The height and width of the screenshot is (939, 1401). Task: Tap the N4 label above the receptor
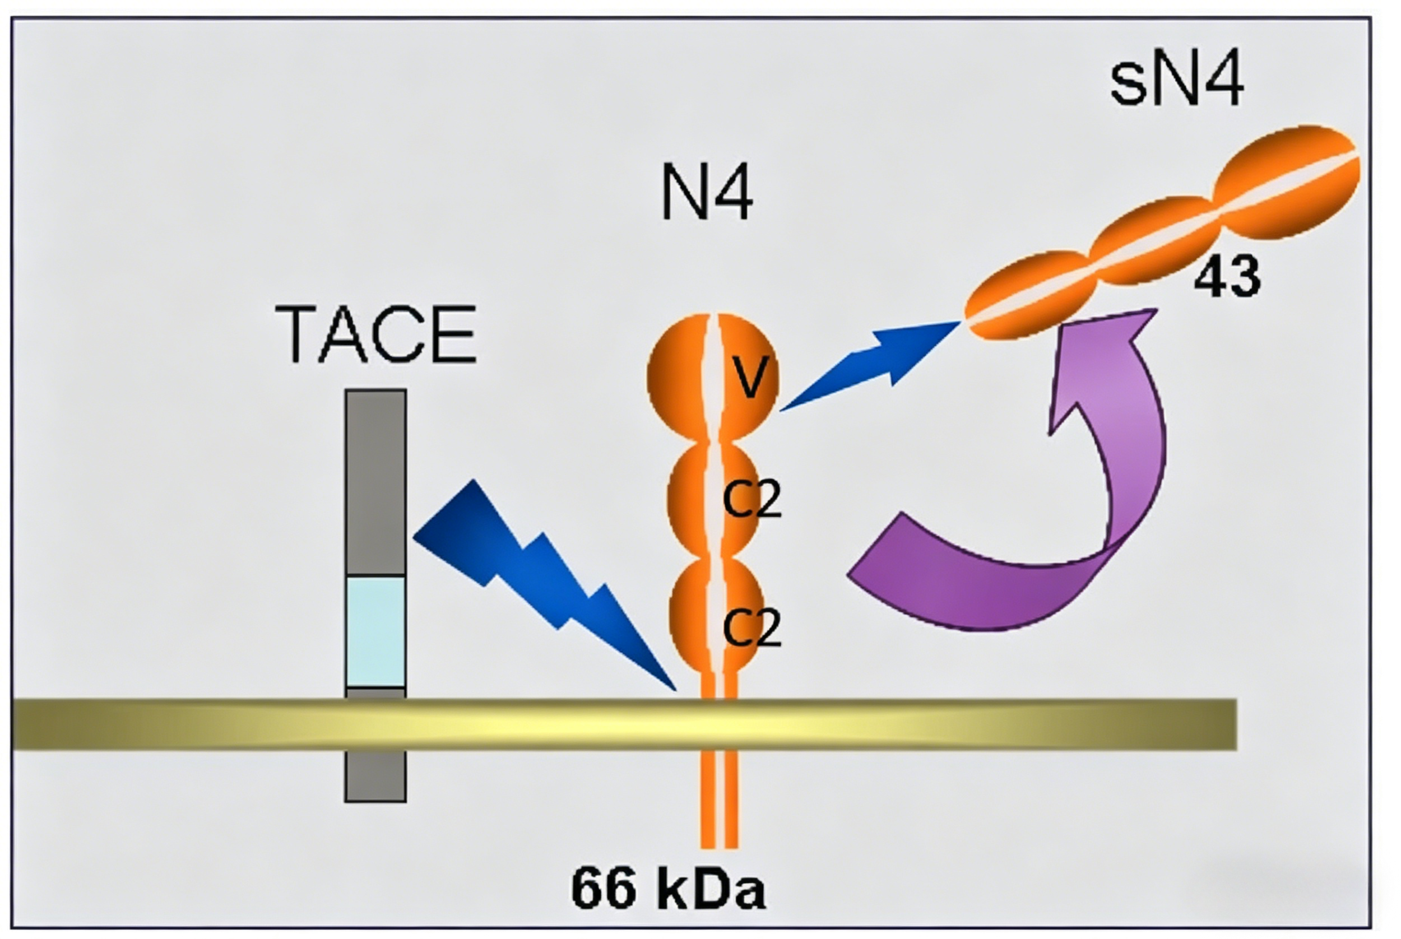coord(707,193)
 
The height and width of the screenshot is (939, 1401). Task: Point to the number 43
coord(1227,276)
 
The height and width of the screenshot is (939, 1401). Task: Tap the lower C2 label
coord(752,627)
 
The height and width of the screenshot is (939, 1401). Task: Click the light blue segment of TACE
coord(375,631)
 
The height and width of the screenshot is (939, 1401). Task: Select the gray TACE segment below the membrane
coord(375,775)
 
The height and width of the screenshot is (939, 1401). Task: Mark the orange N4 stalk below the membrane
coord(719,799)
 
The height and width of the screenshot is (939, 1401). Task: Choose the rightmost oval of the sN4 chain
coord(1286,182)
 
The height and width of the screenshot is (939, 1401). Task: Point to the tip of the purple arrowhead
coord(1156,309)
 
